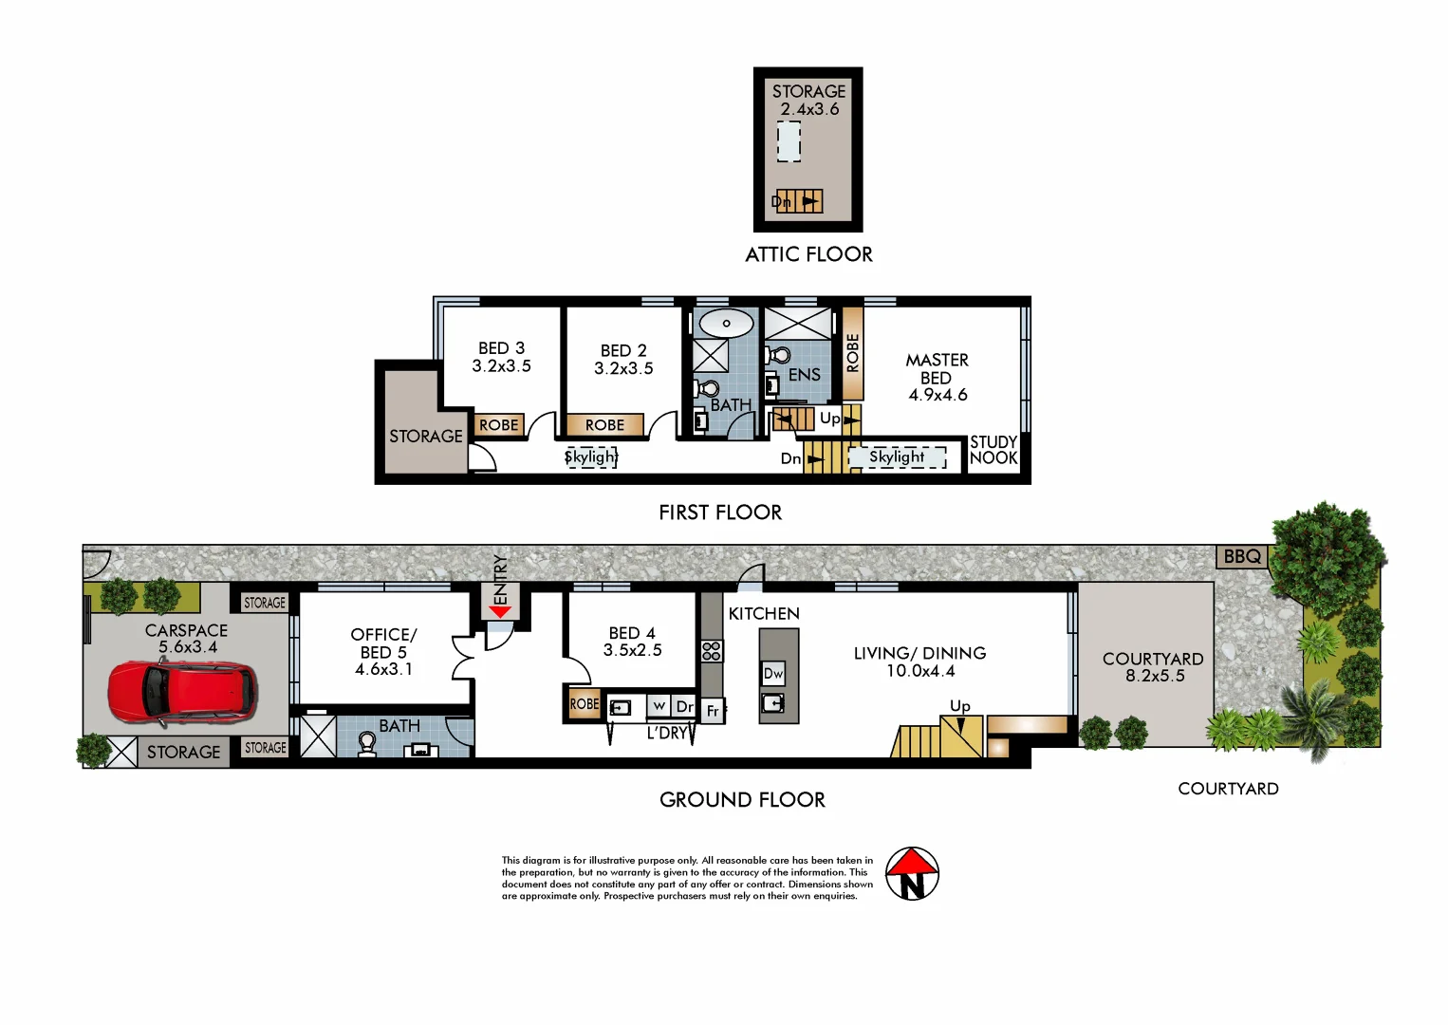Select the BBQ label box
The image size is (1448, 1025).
1242,556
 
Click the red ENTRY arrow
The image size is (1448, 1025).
500,612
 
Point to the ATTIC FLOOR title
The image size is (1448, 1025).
808,254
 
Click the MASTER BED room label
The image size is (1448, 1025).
937,377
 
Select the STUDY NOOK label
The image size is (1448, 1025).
993,450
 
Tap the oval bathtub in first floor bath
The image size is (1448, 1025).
726,323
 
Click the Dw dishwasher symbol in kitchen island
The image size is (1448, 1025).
773,674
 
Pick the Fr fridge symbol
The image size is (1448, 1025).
713,711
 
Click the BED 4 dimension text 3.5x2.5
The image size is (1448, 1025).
632,650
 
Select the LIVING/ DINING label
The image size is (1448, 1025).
919,662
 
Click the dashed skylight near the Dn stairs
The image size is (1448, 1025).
897,457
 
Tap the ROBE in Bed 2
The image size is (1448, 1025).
604,425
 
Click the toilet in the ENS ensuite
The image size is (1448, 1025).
778,357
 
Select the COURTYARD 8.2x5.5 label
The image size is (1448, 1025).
1153,666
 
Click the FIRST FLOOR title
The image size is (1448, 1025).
720,512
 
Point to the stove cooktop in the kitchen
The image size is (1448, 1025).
712,651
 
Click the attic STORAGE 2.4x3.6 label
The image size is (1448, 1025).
808,100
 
